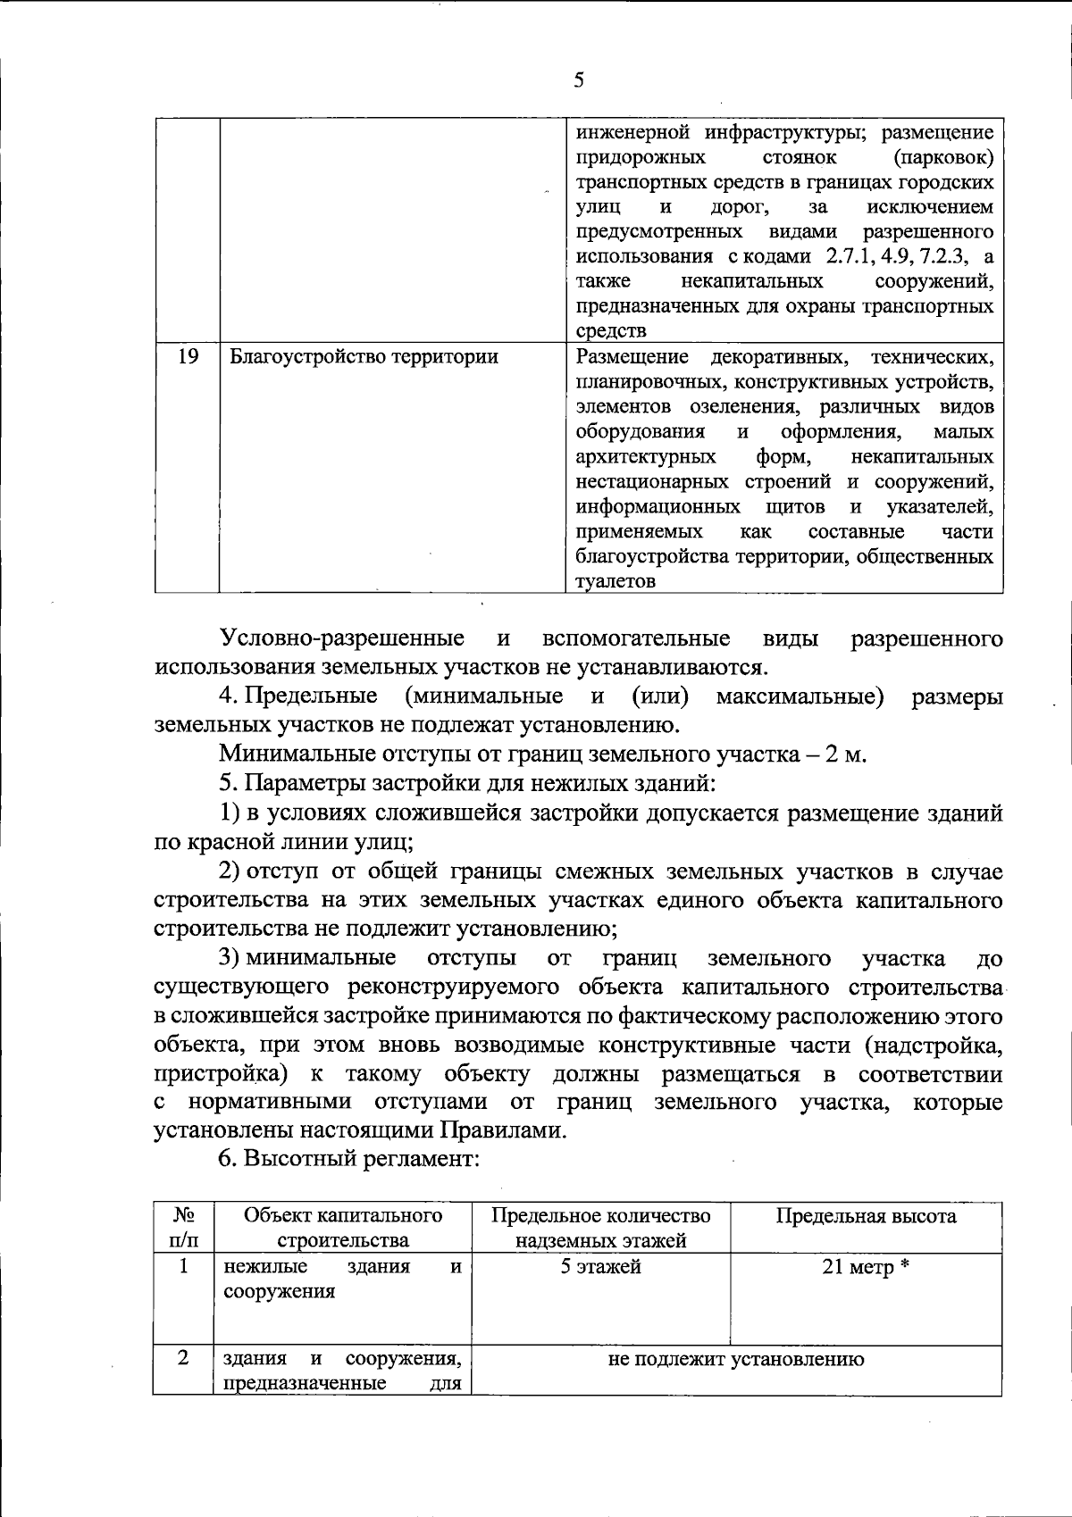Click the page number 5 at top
(579, 80)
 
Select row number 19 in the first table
(188, 357)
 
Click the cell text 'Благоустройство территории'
(364, 357)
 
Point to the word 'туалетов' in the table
(616, 581)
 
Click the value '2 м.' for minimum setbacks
(846, 754)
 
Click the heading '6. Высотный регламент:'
(350, 1159)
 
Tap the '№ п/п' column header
(183, 1228)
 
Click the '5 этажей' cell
(600, 1267)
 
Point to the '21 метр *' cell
(865, 1269)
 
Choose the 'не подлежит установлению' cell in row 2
(735, 1360)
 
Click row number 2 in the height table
(183, 1358)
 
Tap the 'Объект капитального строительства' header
(343, 1228)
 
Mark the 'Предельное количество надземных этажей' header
(600, 1228)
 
